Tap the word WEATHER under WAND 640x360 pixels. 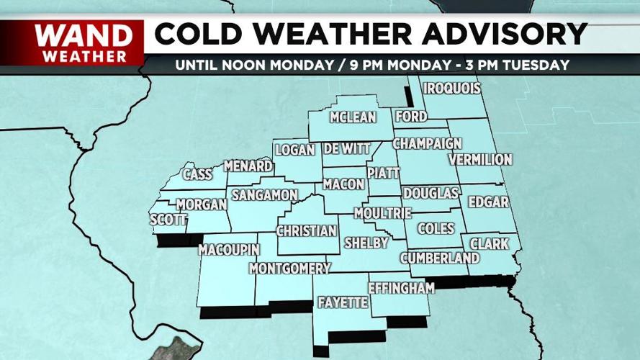[84, 55]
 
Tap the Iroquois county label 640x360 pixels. [451, 89]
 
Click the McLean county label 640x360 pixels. [353, 117]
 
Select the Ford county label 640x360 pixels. [411, 117]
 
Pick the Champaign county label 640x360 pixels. [426, 143]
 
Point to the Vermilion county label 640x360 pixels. [479, 159]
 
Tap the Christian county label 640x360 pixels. [307, 231]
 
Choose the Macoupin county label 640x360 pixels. [228, 250]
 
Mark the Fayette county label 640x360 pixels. [343, 302]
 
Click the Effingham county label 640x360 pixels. [402, 288]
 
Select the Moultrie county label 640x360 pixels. [382, 213]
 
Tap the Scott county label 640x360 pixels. [168, 220]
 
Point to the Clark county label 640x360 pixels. [490, 244]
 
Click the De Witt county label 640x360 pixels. [346, 149]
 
